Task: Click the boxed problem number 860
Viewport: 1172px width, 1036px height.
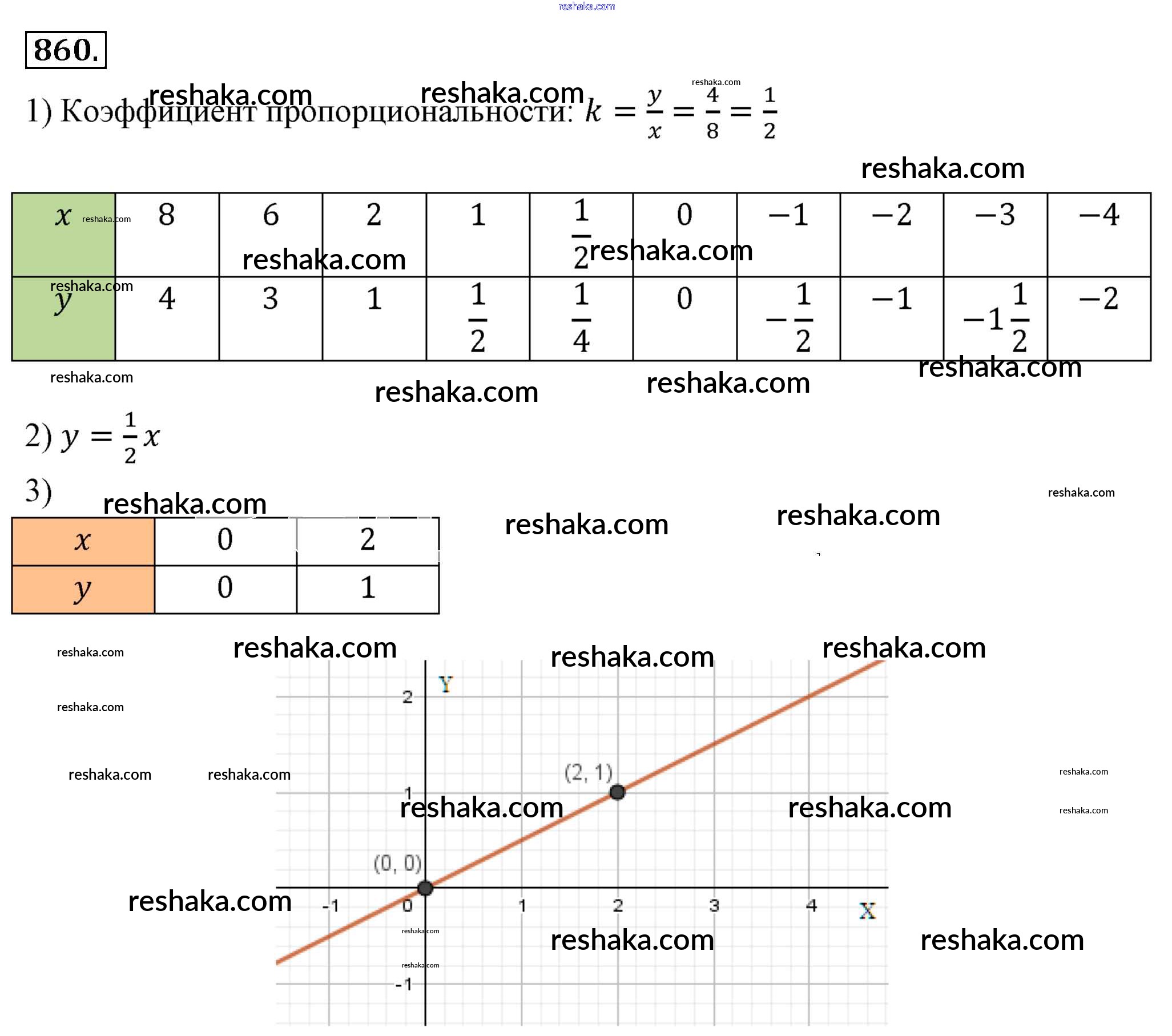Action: pos(66,50)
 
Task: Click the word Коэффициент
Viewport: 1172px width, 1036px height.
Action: pos(158,111)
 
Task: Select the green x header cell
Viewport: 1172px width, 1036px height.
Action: pos(63,235)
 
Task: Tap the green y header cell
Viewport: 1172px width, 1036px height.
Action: pos(63,318)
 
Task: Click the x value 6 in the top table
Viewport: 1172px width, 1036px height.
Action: pos(271,215)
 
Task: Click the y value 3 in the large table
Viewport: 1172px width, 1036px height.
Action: pos(271,299)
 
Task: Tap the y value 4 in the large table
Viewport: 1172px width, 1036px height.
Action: pos(167,299)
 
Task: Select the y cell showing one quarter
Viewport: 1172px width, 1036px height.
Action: pos(581,318)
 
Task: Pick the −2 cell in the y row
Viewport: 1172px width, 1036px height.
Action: pos(1098,299)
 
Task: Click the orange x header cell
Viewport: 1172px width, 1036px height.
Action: pos(83,541)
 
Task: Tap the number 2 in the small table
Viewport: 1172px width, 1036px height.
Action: pos(368,539)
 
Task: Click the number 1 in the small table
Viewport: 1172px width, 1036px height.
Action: pos(368,588)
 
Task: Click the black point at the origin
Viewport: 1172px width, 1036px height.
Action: pos(425,888)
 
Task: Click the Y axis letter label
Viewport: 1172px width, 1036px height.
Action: pos(445,684)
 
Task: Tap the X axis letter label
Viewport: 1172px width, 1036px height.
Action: pos(867,911)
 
